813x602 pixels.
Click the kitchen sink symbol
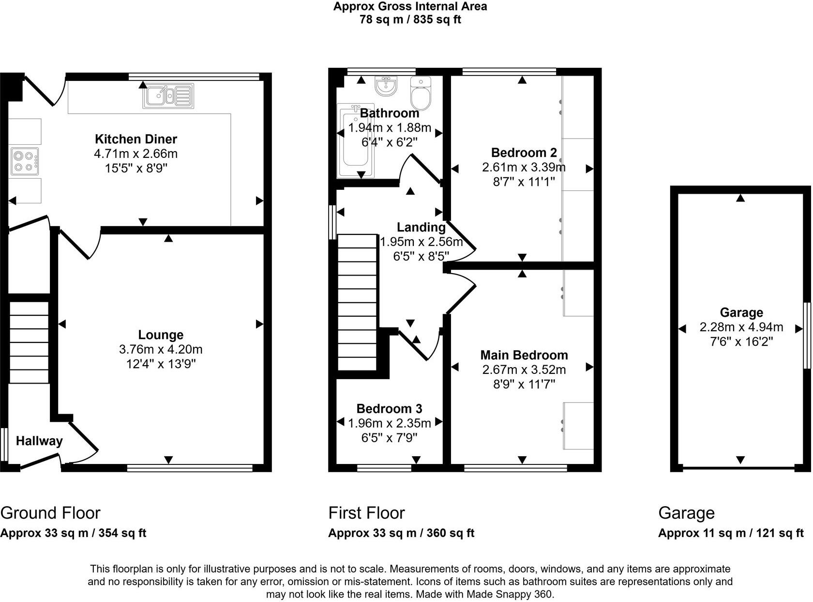(168, 96)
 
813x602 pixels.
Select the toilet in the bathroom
(421, 94)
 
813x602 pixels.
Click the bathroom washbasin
(386, 86)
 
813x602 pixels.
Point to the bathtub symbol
(356, 142)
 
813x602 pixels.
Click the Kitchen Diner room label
(136, 139)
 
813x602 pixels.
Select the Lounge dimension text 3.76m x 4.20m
(161, 349)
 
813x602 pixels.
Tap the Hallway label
(39, 441)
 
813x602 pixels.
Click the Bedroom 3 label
(389, 409)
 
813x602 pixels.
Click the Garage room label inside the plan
(741, 313)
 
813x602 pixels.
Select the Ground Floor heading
(50, 513)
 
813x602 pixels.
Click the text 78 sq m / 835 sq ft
(410, 20)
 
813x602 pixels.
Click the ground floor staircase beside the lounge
(29, 342)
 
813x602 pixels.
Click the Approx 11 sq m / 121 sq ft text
(731, 533)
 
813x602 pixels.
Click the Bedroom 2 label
(524, 153)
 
